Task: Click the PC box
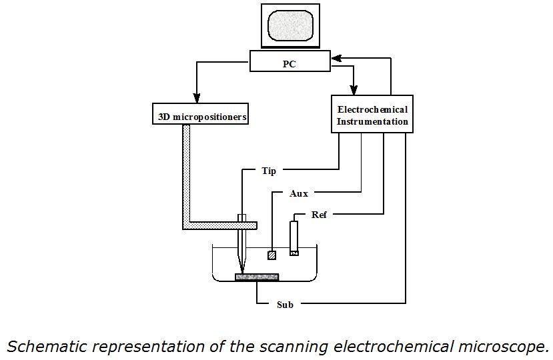pyautogui.click(x=290, y=64)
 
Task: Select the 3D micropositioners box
pyautogui.click(x=201, y=117)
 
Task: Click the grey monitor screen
pyautogui.click(x=290, y=25)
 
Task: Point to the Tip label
pyautogui.click(x=269, y=171)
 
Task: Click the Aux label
pyautogui.click(x=298, y=193)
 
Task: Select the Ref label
pyautogui.click(x=320, y=215)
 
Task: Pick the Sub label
pyautogui.click(x=285, y=305)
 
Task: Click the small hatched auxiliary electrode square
pyautogui.click(x=271, y=255)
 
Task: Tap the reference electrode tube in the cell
pyautogui.click(x=294, y=237)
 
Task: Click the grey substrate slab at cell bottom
pyautogui.click(x=257, y=277)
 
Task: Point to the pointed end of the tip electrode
pyautogui.click(x=241, y=270)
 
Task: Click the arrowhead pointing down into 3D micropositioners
pyautogui.click(x=196, y=94)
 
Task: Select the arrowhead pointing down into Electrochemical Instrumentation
pyautogui.click(x=354, y=90)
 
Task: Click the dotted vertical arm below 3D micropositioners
pyautogui.click(x=187, y=173)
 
